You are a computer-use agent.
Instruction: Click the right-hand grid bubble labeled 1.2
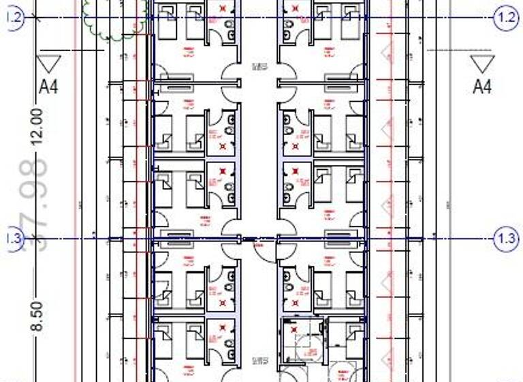[506, 18]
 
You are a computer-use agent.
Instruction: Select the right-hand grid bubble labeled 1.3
[506, 239]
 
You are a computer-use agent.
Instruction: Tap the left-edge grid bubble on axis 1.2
[14, 18]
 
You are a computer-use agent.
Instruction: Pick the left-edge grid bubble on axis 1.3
[14, 239]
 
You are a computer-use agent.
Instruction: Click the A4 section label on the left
[48, 87]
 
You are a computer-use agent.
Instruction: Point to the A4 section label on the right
[482, 87]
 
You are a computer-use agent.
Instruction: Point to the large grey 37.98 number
[34, 205]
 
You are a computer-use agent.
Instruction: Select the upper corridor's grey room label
[259, 67]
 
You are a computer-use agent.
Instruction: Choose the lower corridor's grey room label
[259, 359]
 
